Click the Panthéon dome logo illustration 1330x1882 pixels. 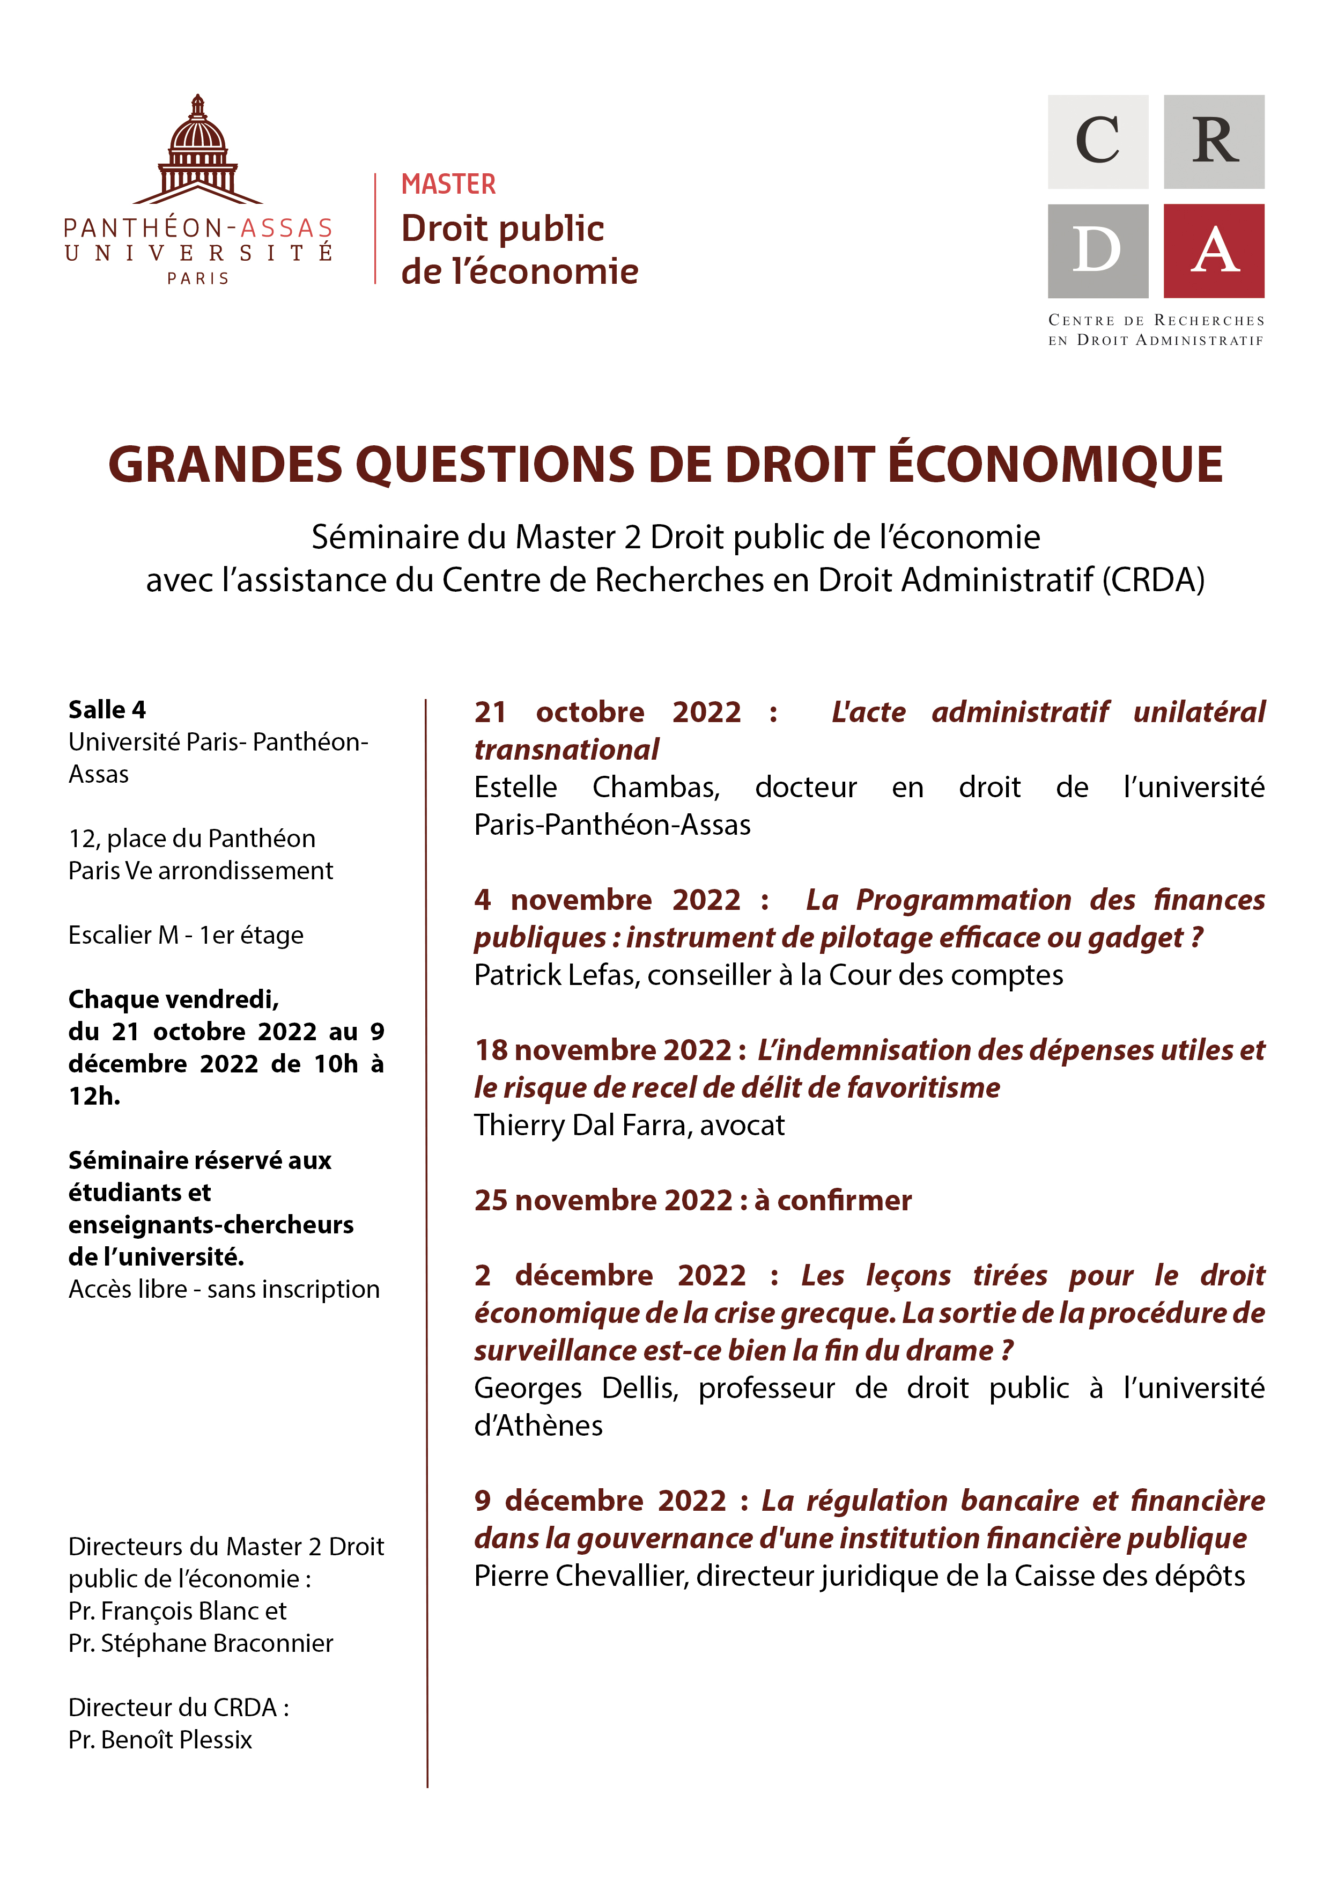tap(197, 152)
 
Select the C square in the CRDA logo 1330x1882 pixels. tap(1097, 141)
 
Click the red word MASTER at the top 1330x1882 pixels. tap(448, 185)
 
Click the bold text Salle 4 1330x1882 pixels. tap(107, 709)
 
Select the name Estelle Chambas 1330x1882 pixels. tap(596, 787)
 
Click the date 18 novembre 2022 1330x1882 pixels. tap(602, 1050)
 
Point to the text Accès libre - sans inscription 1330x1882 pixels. tap(224, 1289)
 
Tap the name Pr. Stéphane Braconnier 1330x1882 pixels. tap(201, 1643)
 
